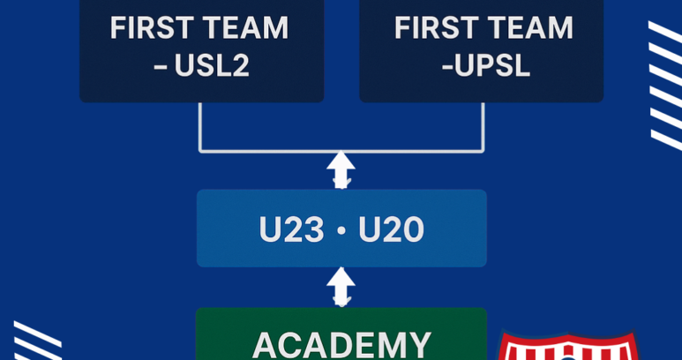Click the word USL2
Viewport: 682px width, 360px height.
pyautogui.click(x=212, y=66)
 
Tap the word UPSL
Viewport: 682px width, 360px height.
pyautogui.click(x=491, y=66)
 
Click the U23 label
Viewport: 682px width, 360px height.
pyautogui.click(x=291, y=229)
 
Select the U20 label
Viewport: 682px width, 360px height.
pyautogui.click(x=391, y=229)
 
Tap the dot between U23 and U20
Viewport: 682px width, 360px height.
pyautogui.click(x=341, y=230)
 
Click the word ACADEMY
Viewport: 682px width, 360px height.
pyautogui.click(x=341, y=345)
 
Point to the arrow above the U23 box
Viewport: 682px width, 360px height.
pyautogui.click(x=341, y=169)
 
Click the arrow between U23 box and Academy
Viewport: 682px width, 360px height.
pyautogui.click(x=341, y=287)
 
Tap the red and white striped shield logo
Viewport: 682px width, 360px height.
pyautogui.click(x=567, y=347)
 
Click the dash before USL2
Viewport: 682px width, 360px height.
pyautogui.click(x=161, y=68)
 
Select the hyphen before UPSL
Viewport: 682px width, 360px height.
pyautogui.click(x=446, y=68)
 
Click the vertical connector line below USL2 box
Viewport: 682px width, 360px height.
pyautogui.click(x=199, y=127)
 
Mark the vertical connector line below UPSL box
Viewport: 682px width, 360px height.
pyautogui.click(x=483, y=127)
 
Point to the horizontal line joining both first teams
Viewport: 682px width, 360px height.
pyautogui.click(x=341, y=151)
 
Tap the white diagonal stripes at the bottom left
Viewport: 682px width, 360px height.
pyautogui.click(x=37, y=341)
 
